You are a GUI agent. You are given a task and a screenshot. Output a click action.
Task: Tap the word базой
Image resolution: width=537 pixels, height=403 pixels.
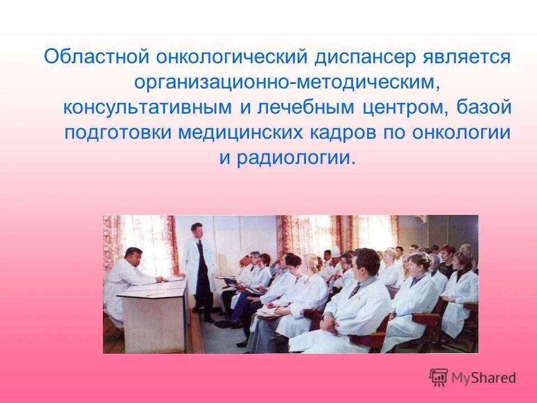point(487,107)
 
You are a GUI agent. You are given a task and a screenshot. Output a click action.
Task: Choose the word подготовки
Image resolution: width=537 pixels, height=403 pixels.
point(119,133)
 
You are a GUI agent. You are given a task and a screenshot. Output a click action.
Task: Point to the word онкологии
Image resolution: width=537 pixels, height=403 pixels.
point(461,133)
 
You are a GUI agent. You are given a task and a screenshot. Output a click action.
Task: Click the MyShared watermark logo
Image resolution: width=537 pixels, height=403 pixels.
point(473,378)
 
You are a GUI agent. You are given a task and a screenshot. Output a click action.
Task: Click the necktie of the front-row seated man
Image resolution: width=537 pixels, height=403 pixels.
point(355,289)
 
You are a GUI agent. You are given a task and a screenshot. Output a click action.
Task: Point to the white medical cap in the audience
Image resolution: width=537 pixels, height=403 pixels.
point(335,251)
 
